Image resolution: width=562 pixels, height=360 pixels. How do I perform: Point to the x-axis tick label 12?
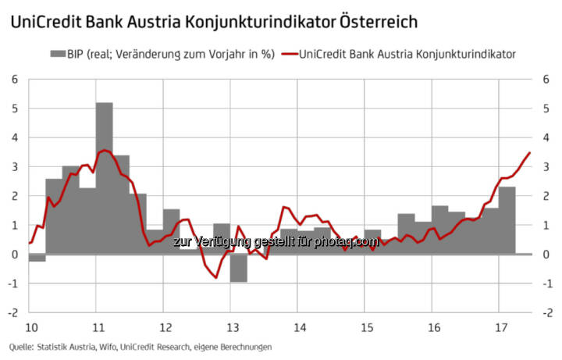pos(164,326)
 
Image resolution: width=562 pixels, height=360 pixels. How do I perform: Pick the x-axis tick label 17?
pos(500,326)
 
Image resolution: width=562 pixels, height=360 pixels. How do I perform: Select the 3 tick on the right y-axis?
pos(550,166)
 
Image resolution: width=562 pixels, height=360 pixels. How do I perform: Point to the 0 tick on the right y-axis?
pos(550,255)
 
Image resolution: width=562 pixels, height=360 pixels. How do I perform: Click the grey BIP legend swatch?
pos(59,54)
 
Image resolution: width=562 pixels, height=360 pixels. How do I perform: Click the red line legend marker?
pos(288,54)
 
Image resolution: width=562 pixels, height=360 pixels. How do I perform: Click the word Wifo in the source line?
pos(105,346)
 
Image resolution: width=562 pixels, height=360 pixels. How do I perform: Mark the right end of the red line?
pos(530,153)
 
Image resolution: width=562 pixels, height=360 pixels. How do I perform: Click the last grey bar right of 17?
pos(524,254)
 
